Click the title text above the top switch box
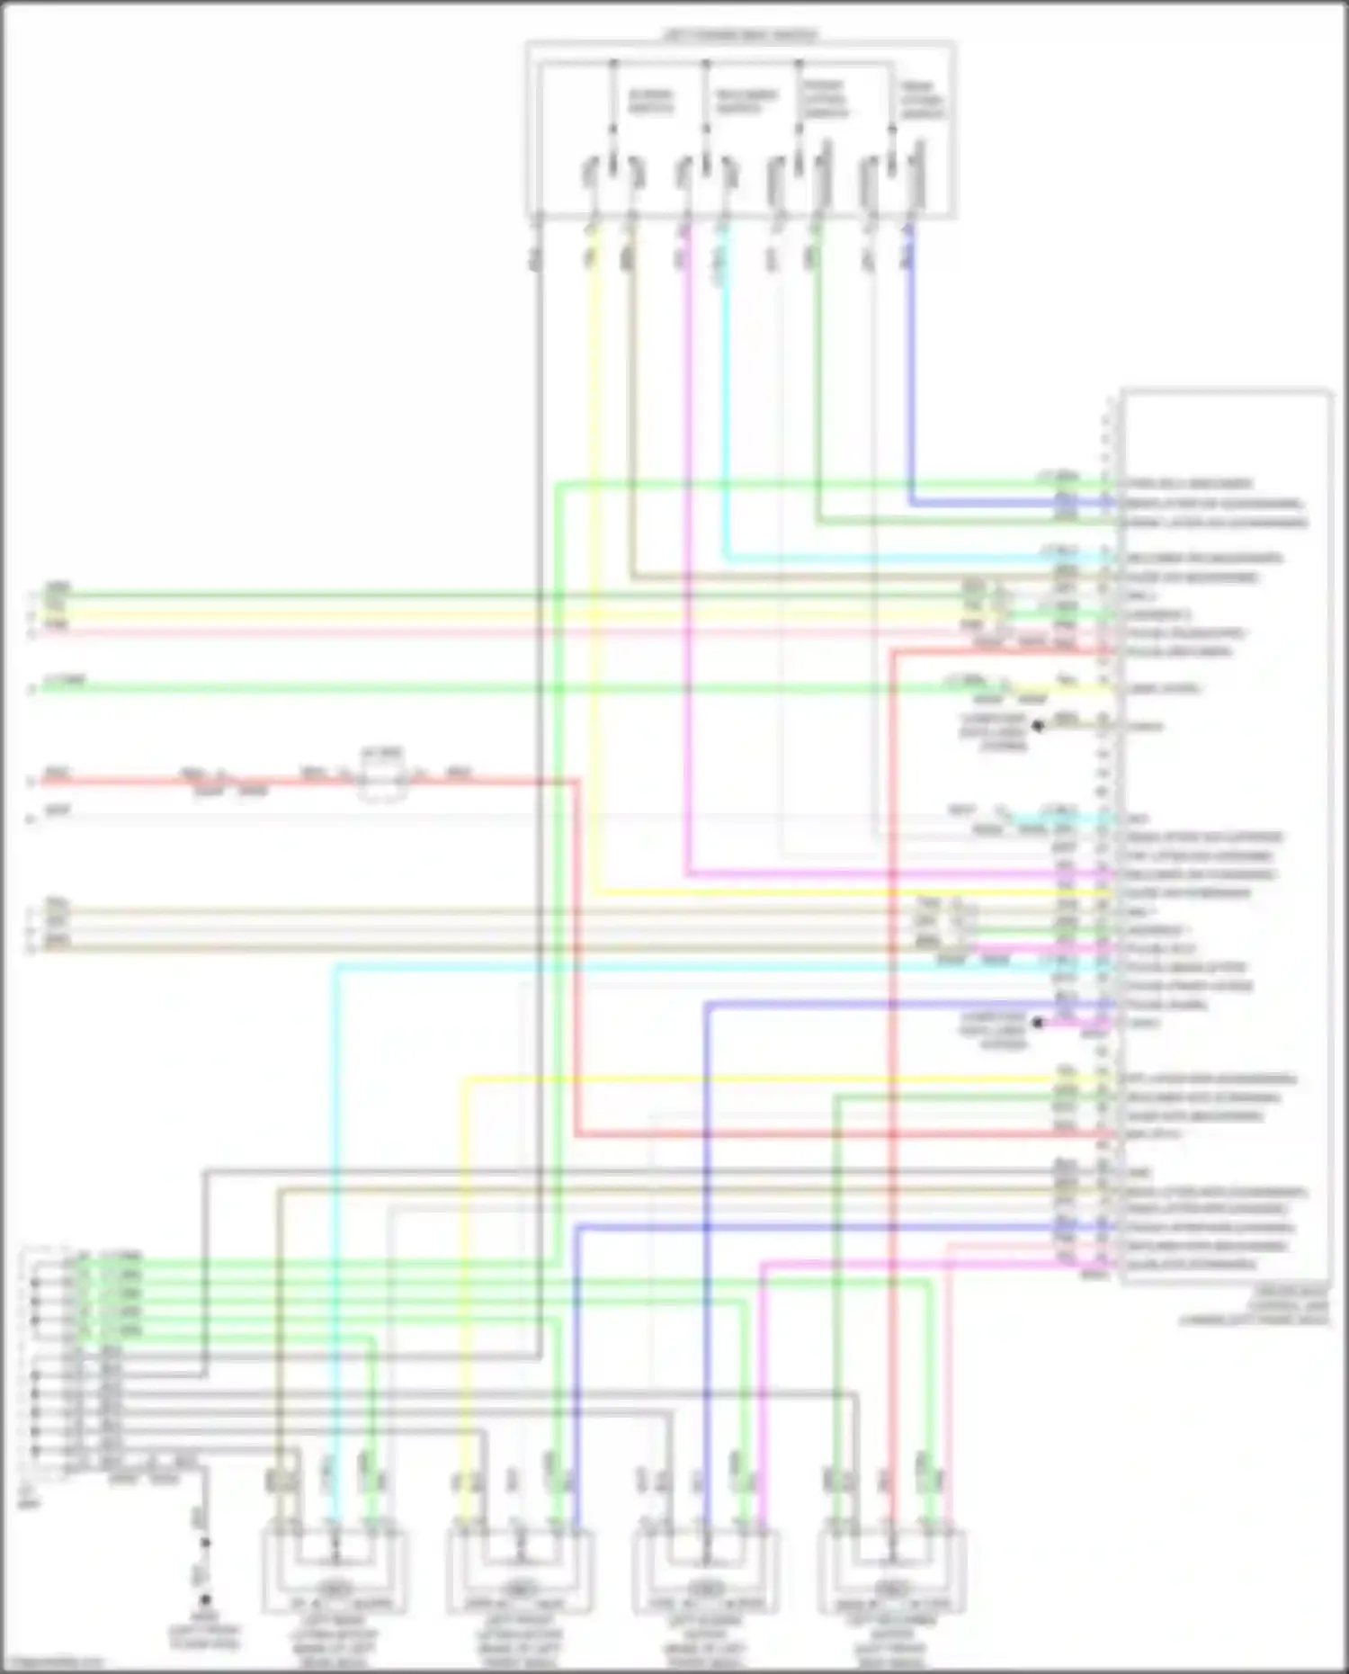(x=740, y=35)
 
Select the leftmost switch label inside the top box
(x=649, y=102)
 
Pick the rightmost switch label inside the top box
(x=922, y=101)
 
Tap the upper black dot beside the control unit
(x=1038, y=725)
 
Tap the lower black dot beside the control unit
(x=1038, y=1023)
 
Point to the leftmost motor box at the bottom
(x=335, y=1571)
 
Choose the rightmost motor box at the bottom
(x=892, y=1571)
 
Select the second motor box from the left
(x=520, y=1571)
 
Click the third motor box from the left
(x=706, y=1571)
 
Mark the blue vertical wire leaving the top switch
(x=910, y=360)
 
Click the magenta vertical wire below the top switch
(x=687, y=540)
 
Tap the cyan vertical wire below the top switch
(x=725, y=405)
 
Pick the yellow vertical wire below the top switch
(x=594, y=540)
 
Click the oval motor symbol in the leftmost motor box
(x=335, y=1588)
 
